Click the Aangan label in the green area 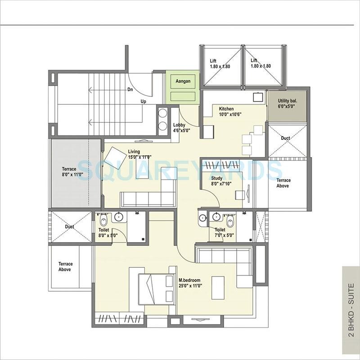point(183,81)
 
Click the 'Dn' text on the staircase point(130,90)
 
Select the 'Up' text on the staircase point(144,101)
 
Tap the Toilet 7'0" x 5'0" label point(220,232)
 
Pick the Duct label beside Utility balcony point(285,138)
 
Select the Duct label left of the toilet point(69,227)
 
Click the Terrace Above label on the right point(283,183)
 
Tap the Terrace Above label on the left point(65,267)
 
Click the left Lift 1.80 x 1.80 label point(220,63)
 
